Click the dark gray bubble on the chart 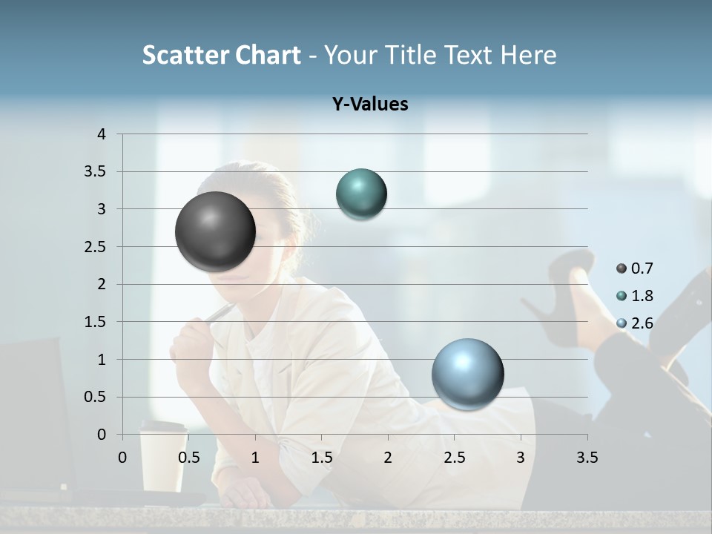(x=215, y=231)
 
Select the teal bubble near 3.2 (x=361, y=194)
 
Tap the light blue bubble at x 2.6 (x=467, y=373)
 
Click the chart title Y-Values (x=369, y=105)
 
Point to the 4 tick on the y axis (x=102, y=134)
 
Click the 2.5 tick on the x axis (x=454, y=458)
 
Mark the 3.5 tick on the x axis (x=587, y=458)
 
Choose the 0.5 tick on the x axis (x=189, y=458)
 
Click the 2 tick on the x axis (x=388, y=458)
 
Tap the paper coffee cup (x=163, y=460)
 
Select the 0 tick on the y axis (x=102, y=435)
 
